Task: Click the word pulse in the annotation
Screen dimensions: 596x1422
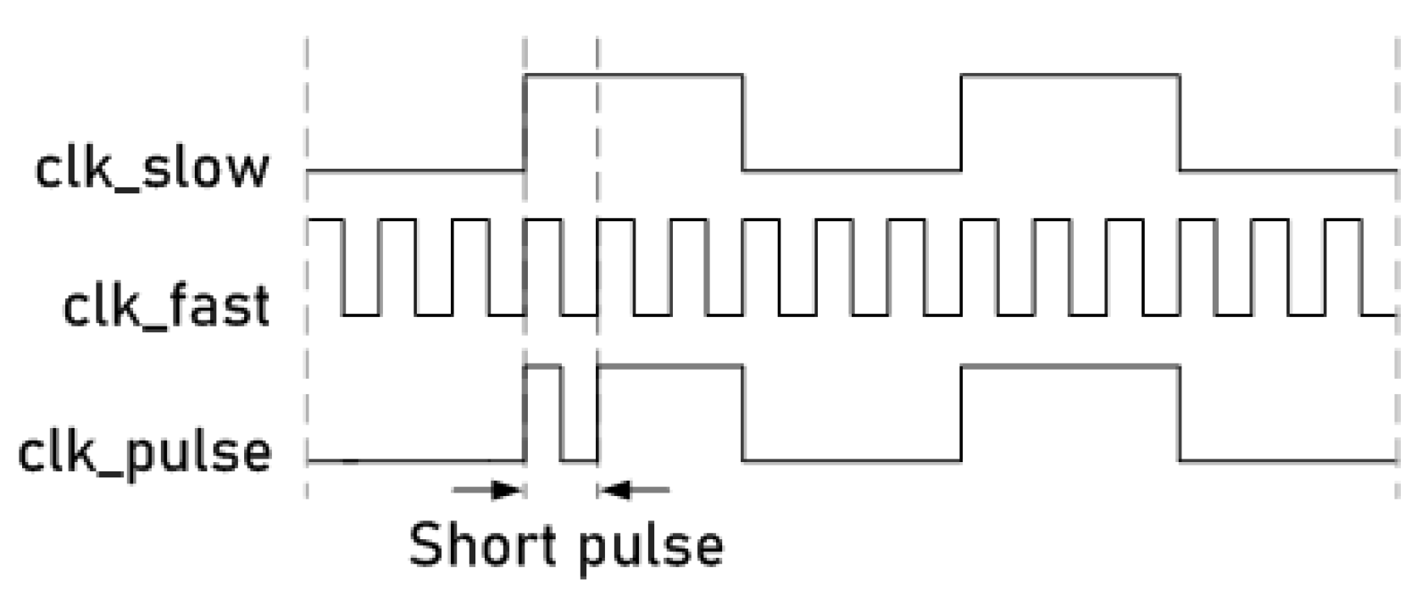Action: [652, 547]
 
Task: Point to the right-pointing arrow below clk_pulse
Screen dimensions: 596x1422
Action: [488, 489]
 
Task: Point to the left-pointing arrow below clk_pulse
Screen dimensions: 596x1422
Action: [634, 489]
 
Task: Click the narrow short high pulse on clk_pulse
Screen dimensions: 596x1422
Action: [542, 366]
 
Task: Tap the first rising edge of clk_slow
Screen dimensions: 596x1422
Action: [525, 123]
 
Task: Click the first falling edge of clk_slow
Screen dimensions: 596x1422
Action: [743, 123]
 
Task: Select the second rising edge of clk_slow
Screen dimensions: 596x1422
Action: [961, 123]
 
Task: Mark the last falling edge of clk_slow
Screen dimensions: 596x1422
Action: [1180, 123]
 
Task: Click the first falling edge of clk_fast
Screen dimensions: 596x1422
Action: [342, 267]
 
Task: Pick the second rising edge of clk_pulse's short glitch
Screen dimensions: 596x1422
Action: [597, 414]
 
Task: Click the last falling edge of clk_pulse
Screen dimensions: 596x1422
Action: [1180, 414]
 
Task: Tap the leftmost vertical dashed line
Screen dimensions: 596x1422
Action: [307, 254]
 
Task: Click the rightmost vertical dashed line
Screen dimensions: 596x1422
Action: [1397, 254]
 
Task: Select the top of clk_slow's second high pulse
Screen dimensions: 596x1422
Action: [1070, 75]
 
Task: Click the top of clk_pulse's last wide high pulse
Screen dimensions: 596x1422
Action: [1070, 366]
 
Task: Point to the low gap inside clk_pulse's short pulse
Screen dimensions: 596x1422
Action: [579, 460]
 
